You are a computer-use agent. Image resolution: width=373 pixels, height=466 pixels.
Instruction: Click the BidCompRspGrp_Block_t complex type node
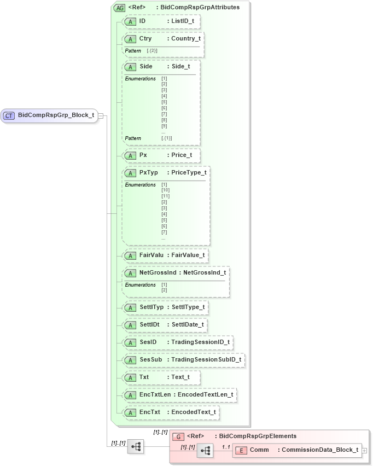click(x=49, y=115)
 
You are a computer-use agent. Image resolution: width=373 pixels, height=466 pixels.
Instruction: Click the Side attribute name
click(x=146, y=66)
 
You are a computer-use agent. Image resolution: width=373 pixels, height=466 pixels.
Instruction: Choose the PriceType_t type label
click(x=189, y=173)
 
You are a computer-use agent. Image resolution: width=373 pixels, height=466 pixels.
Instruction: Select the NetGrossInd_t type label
click(x=205, y=272)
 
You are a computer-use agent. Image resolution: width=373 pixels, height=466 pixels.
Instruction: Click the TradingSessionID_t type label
click(x=200, y=342)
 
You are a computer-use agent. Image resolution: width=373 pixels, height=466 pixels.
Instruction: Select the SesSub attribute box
click(x=183, y=360)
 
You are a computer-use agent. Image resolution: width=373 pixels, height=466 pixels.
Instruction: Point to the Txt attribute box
click(x=161, y=377)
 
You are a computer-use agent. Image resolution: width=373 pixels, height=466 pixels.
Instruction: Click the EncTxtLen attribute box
click(x=180, y=394)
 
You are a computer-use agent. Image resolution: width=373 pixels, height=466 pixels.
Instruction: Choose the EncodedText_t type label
click(x=194, y=412)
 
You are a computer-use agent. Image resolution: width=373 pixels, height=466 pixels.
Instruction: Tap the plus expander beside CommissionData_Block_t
click(x=364, y=450)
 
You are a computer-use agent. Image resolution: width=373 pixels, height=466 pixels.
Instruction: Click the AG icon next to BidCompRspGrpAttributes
click(x=119, y=8)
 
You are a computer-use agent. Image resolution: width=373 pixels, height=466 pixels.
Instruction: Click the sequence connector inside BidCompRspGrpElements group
click(x=205, y=450)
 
